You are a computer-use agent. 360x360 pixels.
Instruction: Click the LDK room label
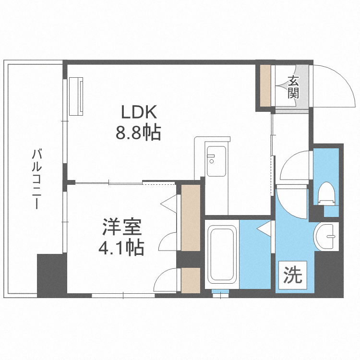pos(139,113)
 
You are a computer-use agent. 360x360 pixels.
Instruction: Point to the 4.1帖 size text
pos(120,247)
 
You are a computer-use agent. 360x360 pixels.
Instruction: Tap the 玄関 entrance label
pos(293,87)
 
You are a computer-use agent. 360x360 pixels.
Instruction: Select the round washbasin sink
pos(327,236)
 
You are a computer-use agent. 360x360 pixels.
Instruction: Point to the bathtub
pos(222,254)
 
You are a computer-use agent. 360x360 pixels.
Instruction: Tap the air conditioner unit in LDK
pos(77,96)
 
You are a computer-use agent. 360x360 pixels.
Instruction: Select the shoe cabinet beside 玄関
pos(265,85)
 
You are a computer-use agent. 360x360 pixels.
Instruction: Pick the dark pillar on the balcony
pos(52,276)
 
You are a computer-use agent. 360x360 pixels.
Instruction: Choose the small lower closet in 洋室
pos(191,280)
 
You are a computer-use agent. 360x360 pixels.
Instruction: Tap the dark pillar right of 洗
pos(329,274)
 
